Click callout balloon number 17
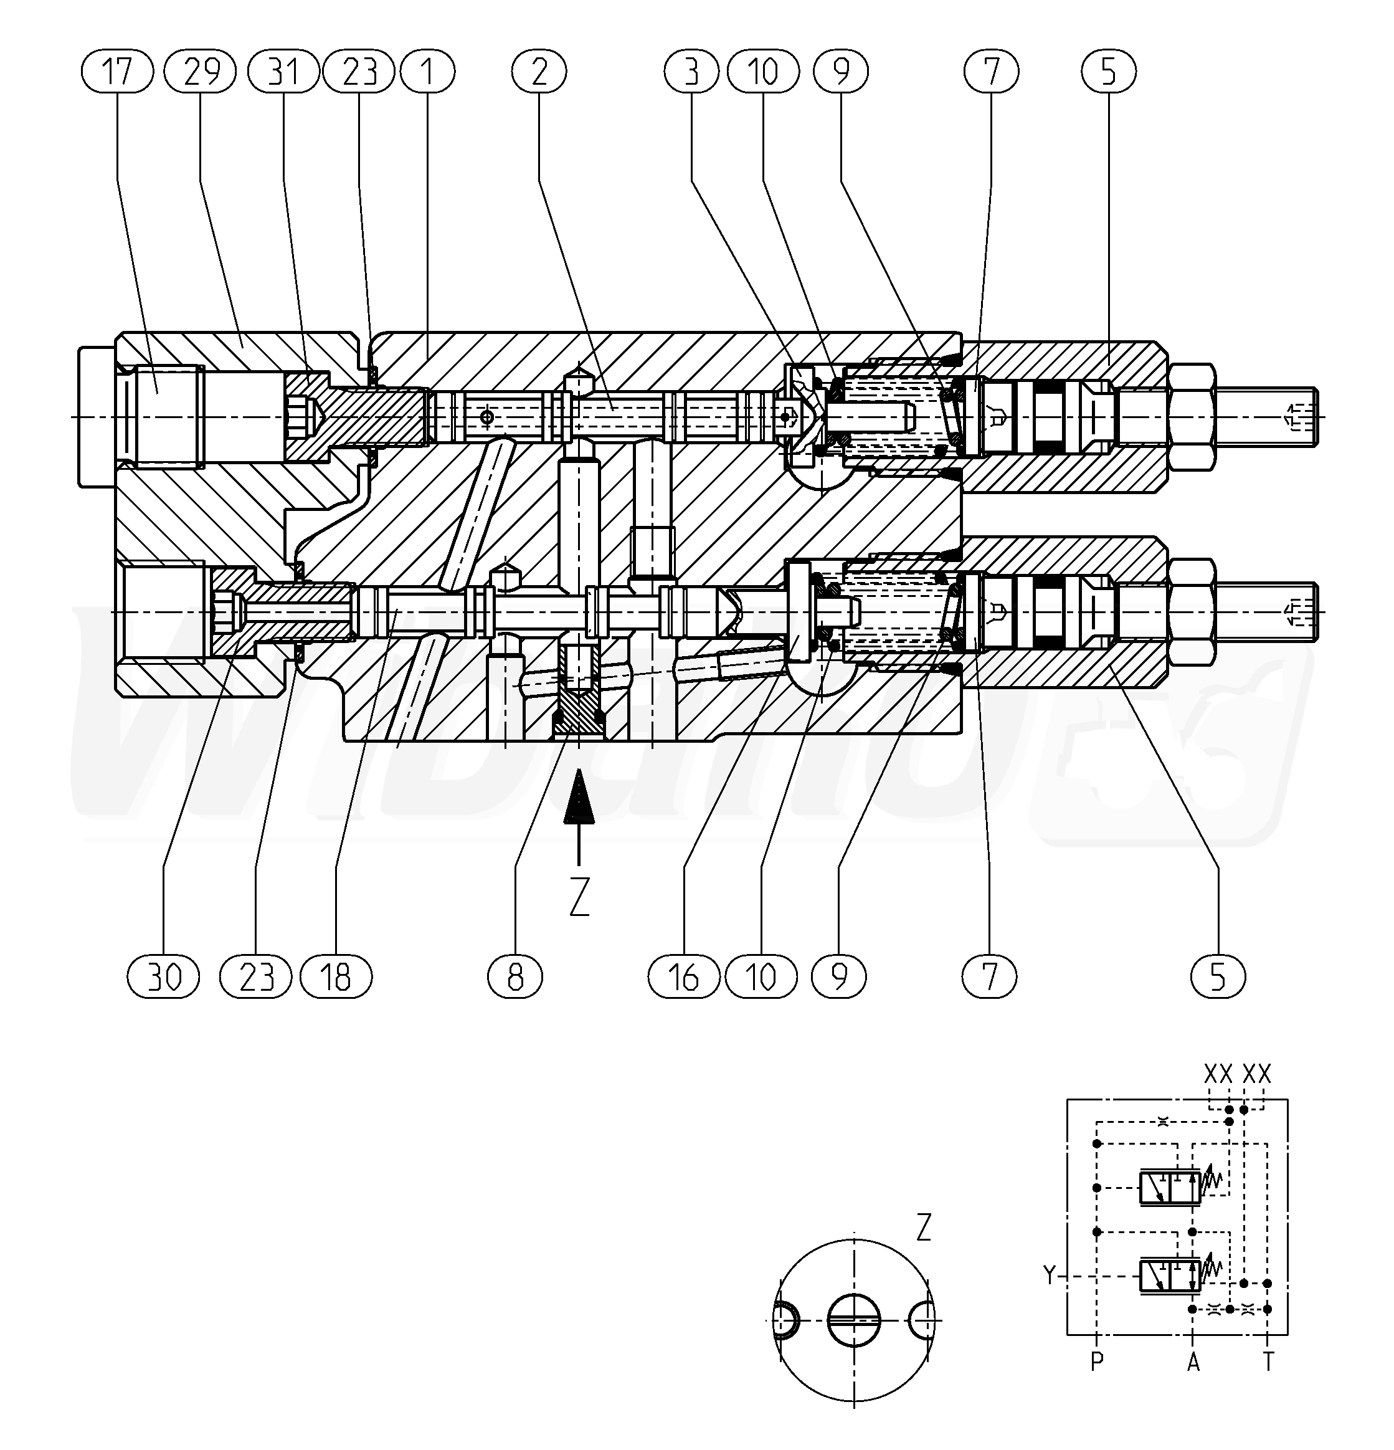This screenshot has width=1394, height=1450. (117, 72)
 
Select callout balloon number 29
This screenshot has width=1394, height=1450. (201, 72)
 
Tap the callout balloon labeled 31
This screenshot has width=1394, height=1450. (284, 72)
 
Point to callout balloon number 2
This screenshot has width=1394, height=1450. (539, 72)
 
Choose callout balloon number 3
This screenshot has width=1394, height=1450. (691, 72)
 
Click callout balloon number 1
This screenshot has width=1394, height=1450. (427, 72)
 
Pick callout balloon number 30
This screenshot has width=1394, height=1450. (163, 977)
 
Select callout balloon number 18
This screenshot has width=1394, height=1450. (336, 977)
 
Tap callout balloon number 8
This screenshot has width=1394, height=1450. (516, 977)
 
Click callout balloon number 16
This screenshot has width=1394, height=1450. (684, 977)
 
